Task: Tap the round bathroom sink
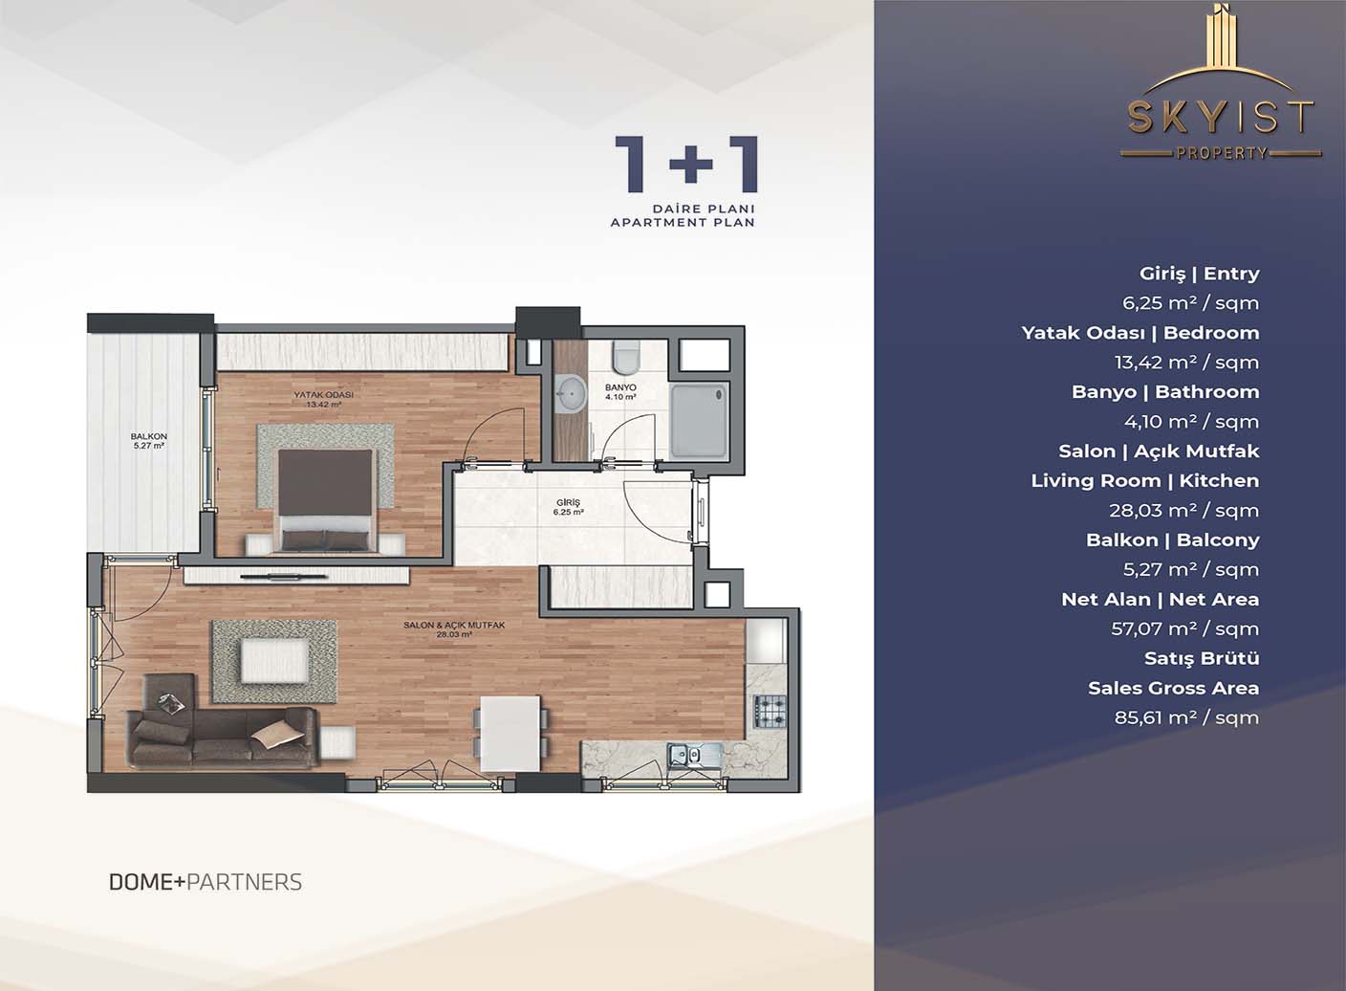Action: pos(572,394)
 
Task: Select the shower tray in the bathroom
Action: pos(699,419)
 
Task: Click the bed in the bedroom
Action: pos(325,500)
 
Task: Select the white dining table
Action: pos(510,733)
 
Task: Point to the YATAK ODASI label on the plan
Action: pos(323,395)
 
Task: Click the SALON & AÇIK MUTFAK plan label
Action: pos(454,626)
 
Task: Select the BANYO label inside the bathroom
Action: pos(620,387)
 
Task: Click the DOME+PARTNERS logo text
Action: pos(206,882)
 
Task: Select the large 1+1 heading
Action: pos(685,165)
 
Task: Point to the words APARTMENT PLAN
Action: pos(682,223)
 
